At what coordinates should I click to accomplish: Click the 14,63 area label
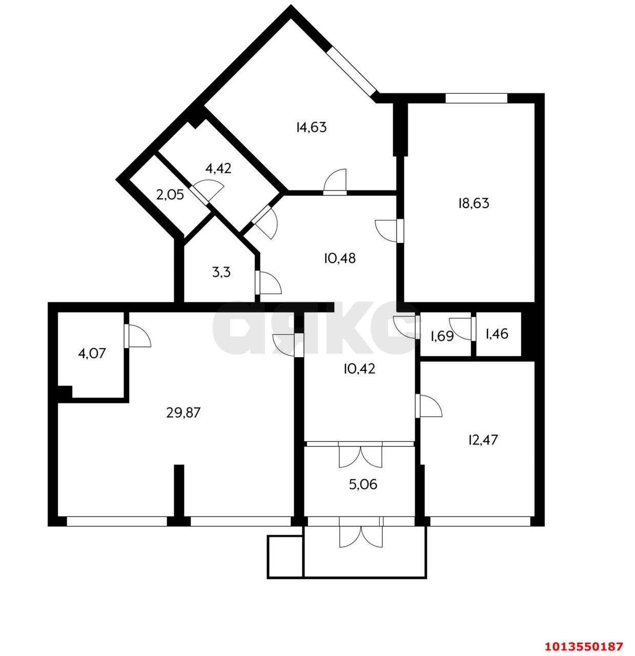312,128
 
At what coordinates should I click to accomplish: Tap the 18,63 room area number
474,203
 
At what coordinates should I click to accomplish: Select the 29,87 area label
183,412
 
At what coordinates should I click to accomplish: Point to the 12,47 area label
483,440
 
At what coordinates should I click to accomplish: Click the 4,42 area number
218,168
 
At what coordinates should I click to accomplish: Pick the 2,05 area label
170,195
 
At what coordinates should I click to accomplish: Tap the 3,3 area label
221,272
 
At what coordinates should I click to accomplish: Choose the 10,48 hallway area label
340,258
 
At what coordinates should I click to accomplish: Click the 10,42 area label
359,369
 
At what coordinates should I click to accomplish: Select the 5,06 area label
363,484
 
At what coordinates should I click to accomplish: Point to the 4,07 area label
92,354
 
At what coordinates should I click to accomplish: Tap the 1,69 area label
442,336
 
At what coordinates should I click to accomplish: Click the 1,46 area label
497,334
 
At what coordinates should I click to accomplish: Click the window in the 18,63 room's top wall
476,98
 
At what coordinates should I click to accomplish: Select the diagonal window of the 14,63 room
352,71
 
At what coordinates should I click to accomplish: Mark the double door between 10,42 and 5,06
361,455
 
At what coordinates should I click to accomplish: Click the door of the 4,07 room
137,336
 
